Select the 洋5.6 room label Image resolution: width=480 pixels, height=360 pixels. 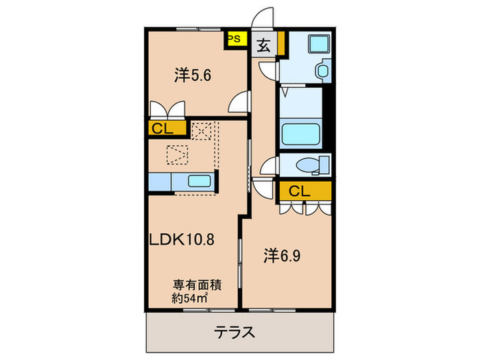tap(191, 76)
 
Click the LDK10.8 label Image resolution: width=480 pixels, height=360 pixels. tap(184, 240)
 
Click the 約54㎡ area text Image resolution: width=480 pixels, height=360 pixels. tap(190, 298)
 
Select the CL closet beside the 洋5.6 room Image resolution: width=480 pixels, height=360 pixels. tap(165, 128)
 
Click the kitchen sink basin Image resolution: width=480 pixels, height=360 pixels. tap(200, 182)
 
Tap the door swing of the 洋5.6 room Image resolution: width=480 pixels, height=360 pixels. tap(239, 103)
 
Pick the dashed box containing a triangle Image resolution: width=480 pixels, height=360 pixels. tap(177, 155)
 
